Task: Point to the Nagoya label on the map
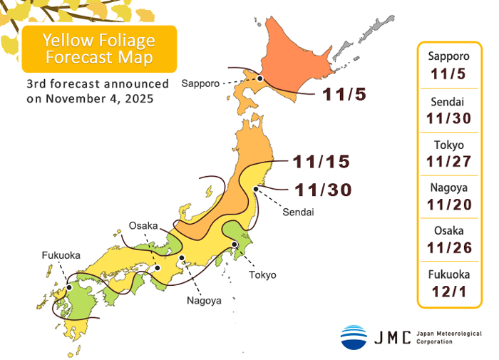pos(205,300)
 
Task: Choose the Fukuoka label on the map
pos(61,254)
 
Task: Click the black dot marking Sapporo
pos(261,79)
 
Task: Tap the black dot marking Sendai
pos(255,189)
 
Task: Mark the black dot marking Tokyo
pos(235,245)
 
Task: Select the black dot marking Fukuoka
pos(68,288)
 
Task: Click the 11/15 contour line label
pos(321,162)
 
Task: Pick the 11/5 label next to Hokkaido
pos(343,94)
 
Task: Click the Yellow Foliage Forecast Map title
pos(99,48)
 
